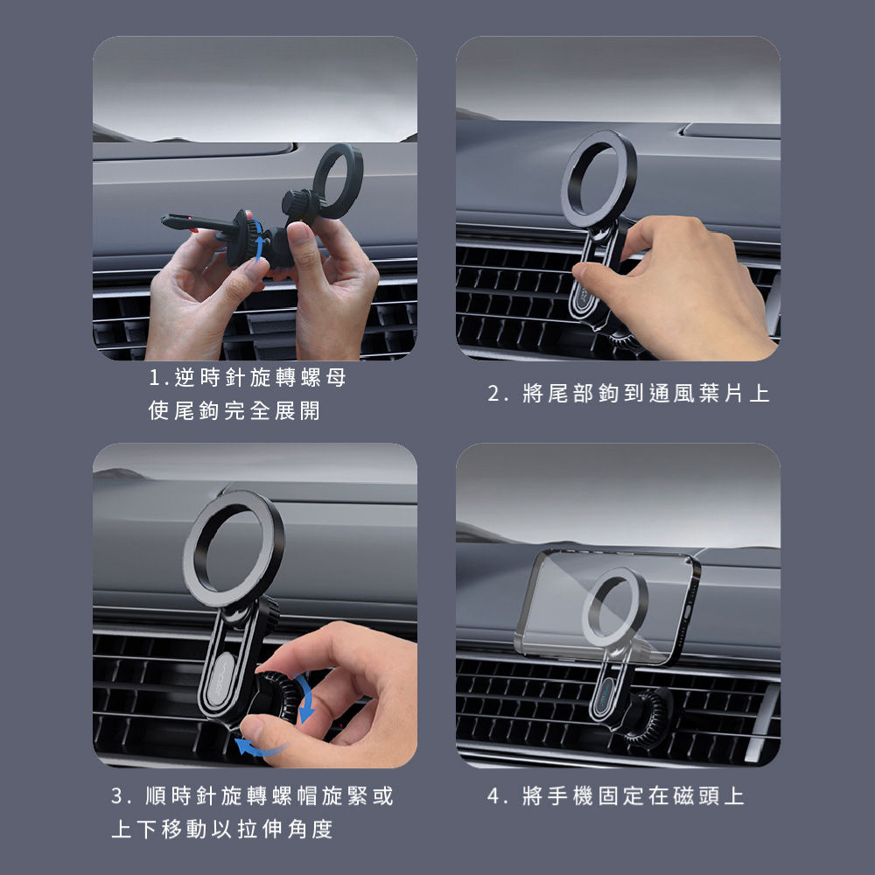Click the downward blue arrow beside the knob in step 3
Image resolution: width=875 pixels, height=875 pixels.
tap(305, 697)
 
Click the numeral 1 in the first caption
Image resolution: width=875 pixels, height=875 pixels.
tap(155, 378)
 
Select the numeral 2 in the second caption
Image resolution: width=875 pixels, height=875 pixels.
tap(493, 394)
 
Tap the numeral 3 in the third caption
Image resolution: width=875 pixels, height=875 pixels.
tap(117, 795)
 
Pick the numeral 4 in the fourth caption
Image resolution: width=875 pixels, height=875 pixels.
tap(493, 795)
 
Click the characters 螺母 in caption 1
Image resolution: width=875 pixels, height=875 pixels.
tap(323, 378)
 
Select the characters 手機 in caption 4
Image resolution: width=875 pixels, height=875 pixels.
tap(570, 795)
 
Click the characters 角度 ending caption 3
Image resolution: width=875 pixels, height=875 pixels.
tap(311, 829)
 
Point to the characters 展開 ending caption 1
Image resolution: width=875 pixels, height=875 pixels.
tap(297, 410)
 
